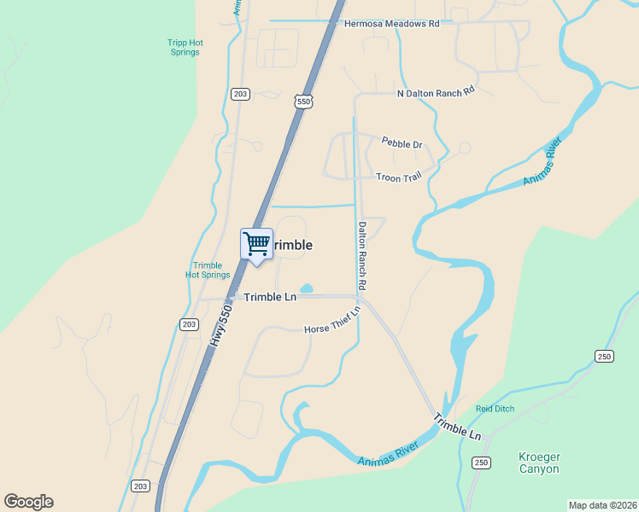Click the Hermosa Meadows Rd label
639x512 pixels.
(391, 24)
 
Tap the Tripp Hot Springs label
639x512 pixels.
(184, 47)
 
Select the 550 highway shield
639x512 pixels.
(304, 102)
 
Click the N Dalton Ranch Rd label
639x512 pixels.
(436, 92)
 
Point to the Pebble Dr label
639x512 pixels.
(402, 144)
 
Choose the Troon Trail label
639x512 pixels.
(399, 177)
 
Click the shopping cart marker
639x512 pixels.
(256, 245)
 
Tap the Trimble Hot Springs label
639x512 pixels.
(208, 270)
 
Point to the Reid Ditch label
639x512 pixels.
(495, 409)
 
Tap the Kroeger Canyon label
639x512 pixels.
(539, 463)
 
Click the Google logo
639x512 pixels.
(28, 502)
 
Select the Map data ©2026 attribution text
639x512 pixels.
(602, 504)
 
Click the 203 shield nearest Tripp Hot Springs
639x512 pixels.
(240, 94)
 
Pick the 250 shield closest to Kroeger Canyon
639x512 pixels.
(481, 463)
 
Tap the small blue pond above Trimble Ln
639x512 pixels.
(307, 288)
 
